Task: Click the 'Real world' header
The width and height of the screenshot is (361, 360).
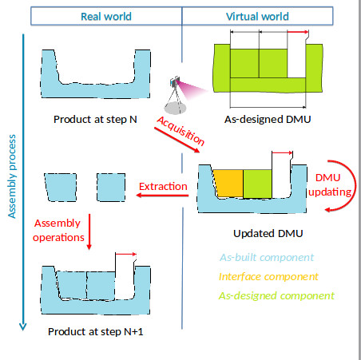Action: (x=101, y=16)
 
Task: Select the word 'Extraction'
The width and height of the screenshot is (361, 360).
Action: (x=164, y=187)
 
